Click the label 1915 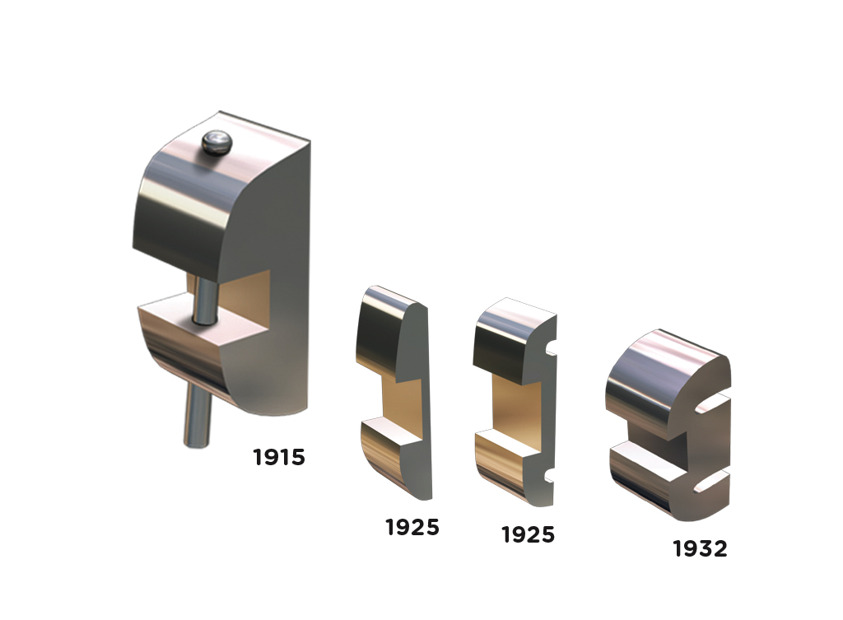point(279,457)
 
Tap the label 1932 point(700,548)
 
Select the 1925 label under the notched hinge point(528,534)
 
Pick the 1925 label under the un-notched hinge point(412,527)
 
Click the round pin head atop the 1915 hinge point(217,142)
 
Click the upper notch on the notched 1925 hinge point(551,352)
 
